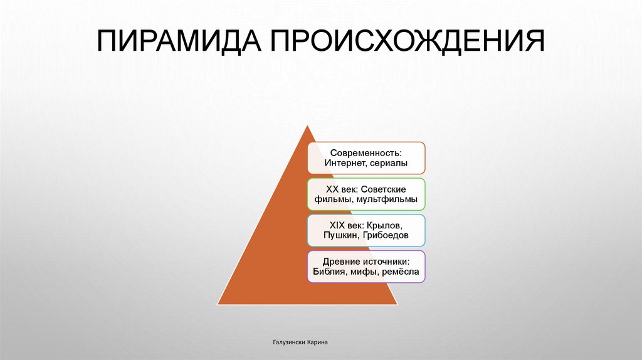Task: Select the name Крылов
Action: coord(396,225)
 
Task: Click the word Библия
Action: coord(329,272)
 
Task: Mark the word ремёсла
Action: coord(401,272)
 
